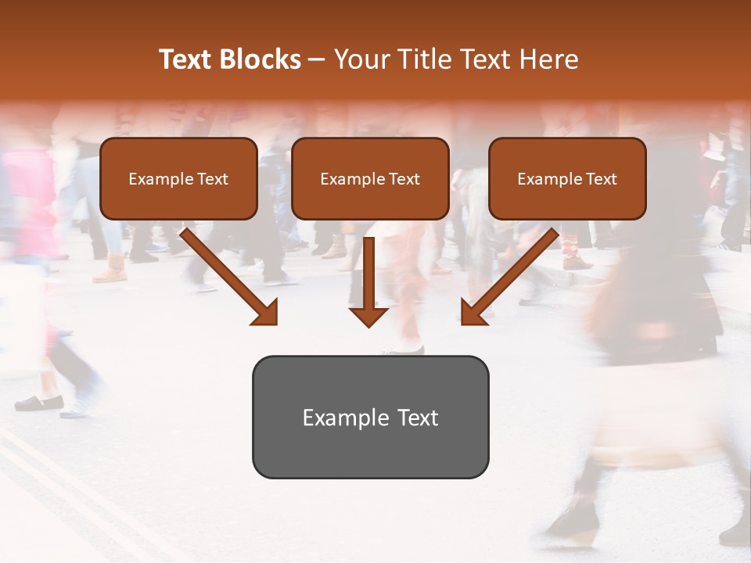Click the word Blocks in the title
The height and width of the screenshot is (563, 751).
(262, 59)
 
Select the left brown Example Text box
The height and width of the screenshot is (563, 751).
(178, 179)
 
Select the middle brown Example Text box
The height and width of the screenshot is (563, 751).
(370, 179)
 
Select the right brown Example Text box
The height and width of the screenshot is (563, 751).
(567, 179)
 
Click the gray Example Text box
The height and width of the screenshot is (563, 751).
(370, 418)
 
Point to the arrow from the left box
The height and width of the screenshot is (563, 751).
(227, 274)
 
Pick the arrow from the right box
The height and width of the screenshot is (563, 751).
(512, 274)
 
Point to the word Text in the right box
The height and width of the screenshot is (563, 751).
(600, 179)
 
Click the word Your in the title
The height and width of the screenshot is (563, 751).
(361, 59)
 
